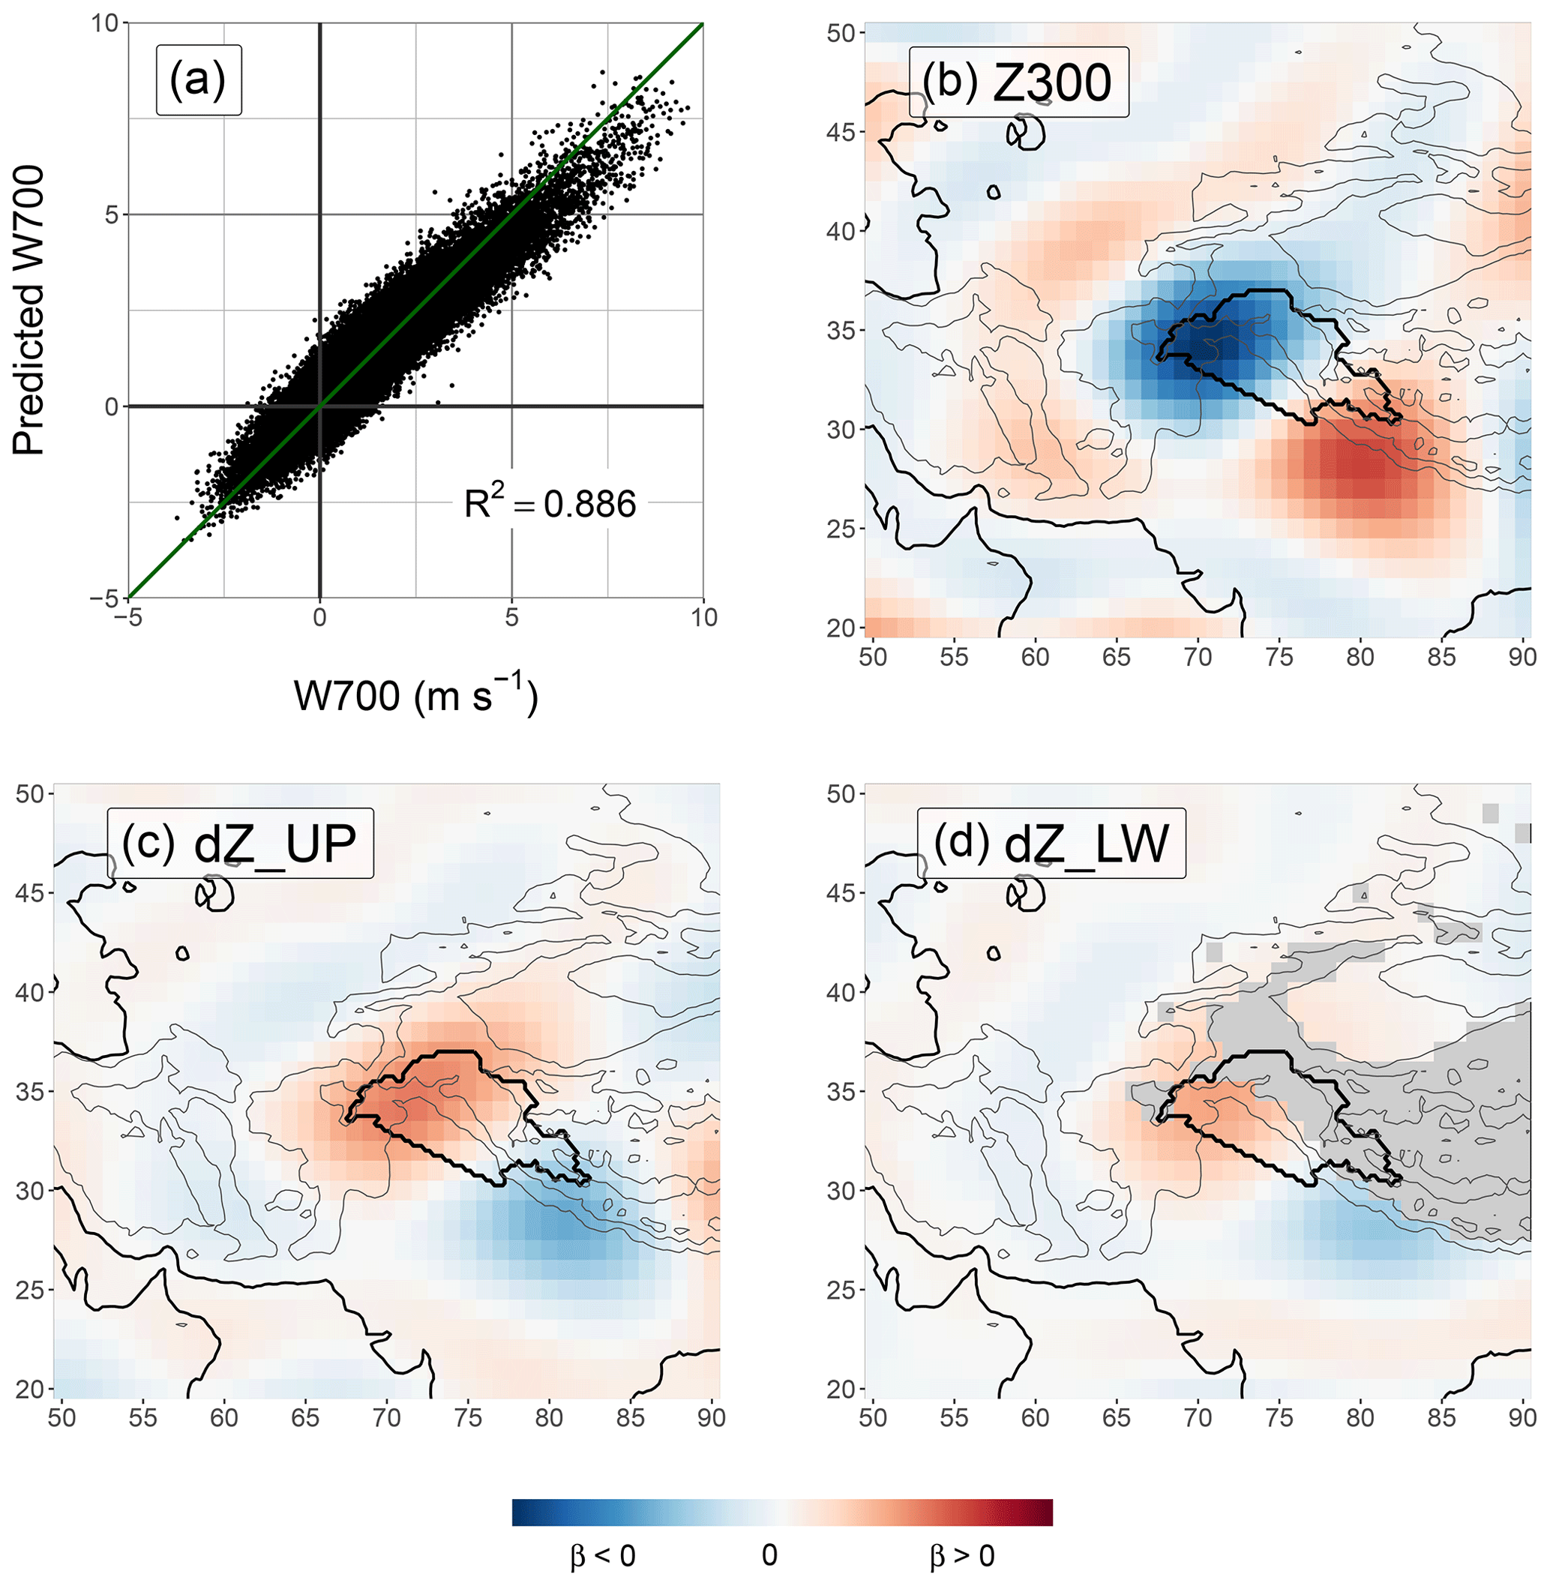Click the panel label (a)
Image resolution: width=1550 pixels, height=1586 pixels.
pyautogui.click(x=198, y=79)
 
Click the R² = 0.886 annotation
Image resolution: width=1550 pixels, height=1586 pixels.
pyautogui.click(x=550, y=504)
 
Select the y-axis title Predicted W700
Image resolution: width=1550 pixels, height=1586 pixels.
pyautogui.click(x=28, y=310)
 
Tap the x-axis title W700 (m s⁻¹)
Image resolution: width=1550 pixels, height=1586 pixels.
pyautogui.click(x=416, y=696)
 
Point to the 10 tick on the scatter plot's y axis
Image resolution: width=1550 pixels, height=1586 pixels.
pyautogui.click(x=105, y=22)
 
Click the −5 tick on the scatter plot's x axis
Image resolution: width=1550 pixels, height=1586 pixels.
pyautogui.click(x=127, y=618)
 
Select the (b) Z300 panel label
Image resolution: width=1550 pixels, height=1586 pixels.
pyautogui.click(x=1017, y=82)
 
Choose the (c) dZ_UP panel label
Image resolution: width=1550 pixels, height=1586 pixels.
pyautogui.click(x=239, y=844)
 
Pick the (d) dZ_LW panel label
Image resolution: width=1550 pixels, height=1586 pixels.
pyautogui.click(x=1051, y=844)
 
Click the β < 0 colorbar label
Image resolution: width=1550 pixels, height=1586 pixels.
pyautogui.click(x=602, y=1556)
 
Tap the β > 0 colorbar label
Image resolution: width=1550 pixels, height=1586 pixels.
pyautogui.click(x=962, y=1556)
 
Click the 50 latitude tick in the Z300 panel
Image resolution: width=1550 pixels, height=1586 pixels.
pyautogui.click(x=841, y=34)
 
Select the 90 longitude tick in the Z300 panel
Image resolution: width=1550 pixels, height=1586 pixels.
pyautogui.click(x=1522, y=657)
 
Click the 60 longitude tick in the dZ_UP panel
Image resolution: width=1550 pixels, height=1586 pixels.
pyautogui.click(x=224, y=1417)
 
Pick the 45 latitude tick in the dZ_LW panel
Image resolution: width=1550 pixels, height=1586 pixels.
pyautogui.click(x=841, y=893)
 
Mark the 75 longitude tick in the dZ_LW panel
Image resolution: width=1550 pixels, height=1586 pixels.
pyautogui.click(x=1279, y=1417)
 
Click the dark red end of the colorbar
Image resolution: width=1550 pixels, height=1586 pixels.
pyautogui.click(x=1044, y=1512)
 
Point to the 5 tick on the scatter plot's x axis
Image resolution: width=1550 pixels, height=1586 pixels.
pyautogui.click(x=511, y=618)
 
